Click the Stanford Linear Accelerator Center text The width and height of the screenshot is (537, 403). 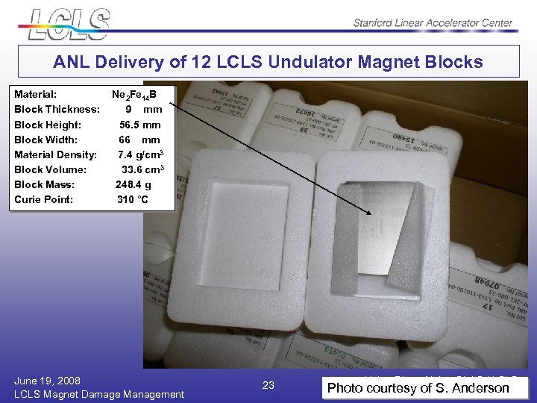click(433, 22)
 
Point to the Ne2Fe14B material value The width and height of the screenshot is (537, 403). click(134, 95)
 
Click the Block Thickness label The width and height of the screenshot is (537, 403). click(57, 110)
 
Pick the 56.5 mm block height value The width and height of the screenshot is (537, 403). click(139, 125)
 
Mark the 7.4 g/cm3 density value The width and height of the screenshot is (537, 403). click(139, 154)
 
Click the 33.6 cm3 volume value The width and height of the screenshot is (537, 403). click(142, 169)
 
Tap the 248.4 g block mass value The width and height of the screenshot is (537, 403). click(134, 184)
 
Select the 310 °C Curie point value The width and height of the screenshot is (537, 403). click(133, 199)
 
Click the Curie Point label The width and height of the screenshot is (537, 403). click(44, 199)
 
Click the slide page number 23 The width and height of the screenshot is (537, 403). click(269, 385)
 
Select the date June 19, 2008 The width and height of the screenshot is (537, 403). click(47, 380)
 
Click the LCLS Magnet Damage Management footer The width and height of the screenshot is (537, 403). click(99, 393)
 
